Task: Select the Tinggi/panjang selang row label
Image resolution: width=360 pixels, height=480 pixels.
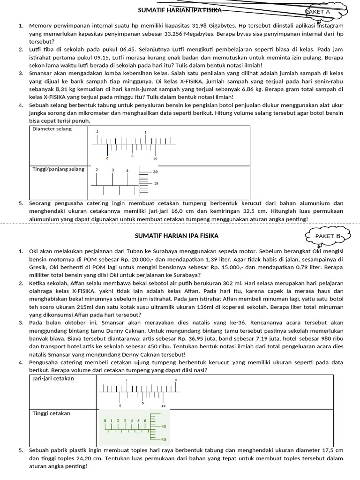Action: [x=59, y=169]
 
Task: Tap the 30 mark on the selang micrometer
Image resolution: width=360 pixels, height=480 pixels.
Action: [x=156, y=172]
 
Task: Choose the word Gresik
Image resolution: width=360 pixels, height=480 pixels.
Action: [x=38, y=267]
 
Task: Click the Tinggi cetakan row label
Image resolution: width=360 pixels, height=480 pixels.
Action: [x=51, y=413]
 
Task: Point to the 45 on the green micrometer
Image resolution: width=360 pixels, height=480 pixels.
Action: [x=164, y=427]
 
